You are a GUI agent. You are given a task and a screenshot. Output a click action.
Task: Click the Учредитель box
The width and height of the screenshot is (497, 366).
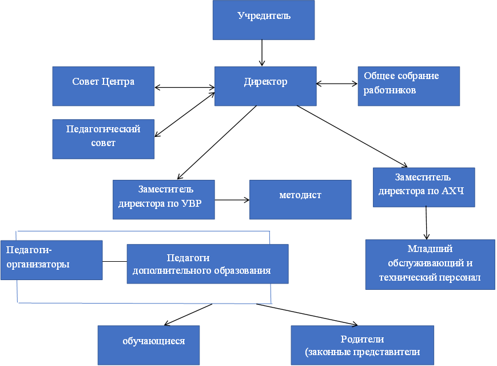[x=264, y=20]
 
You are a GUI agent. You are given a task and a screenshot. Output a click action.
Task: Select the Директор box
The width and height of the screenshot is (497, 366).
[x=265, y=86]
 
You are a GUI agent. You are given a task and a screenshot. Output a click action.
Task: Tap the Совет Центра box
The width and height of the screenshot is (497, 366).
[x=104, y=86]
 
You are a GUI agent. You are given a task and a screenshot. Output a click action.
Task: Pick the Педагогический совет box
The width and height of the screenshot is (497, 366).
[x=104, y=139]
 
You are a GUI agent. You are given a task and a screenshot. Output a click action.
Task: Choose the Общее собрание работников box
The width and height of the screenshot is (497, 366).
[x=408, y=86]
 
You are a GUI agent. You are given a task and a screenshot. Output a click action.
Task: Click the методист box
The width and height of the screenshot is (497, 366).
[x=300, y=200]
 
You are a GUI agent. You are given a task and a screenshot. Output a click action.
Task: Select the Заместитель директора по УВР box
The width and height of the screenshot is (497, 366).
[x=164, y=200]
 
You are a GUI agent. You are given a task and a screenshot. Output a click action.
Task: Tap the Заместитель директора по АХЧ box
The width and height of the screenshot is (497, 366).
[x=424, y=187]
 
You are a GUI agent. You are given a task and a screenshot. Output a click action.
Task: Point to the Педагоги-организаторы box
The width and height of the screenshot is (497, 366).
[x=51, y=260]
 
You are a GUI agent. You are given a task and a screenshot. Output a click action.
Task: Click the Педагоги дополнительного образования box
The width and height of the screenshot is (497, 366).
[x=208, y=264]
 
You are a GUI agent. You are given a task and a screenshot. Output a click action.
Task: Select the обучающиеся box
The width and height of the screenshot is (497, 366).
[x=149, y=345]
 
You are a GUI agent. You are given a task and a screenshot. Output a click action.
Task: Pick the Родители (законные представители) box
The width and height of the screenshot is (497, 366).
[x=362, y=345]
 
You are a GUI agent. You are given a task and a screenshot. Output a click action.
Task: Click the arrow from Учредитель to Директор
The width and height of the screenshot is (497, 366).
[x=262, y=53]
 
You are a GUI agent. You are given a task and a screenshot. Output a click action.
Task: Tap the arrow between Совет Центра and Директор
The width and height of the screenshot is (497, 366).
[x=185, y=87]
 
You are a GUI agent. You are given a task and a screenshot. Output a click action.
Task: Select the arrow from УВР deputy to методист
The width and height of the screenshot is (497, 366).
[x=232, y=200]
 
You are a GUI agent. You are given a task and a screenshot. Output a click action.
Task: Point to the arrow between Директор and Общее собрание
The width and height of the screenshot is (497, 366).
[x=337, y=84]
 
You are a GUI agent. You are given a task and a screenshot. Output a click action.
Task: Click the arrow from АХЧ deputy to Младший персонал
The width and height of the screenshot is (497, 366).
[x=426, y=223]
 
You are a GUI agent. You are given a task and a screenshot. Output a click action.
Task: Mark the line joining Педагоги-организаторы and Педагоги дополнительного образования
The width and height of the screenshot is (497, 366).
[x=115, y=262]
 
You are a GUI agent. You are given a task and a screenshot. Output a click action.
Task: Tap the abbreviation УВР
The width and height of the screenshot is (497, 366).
[x=192, y=203]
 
